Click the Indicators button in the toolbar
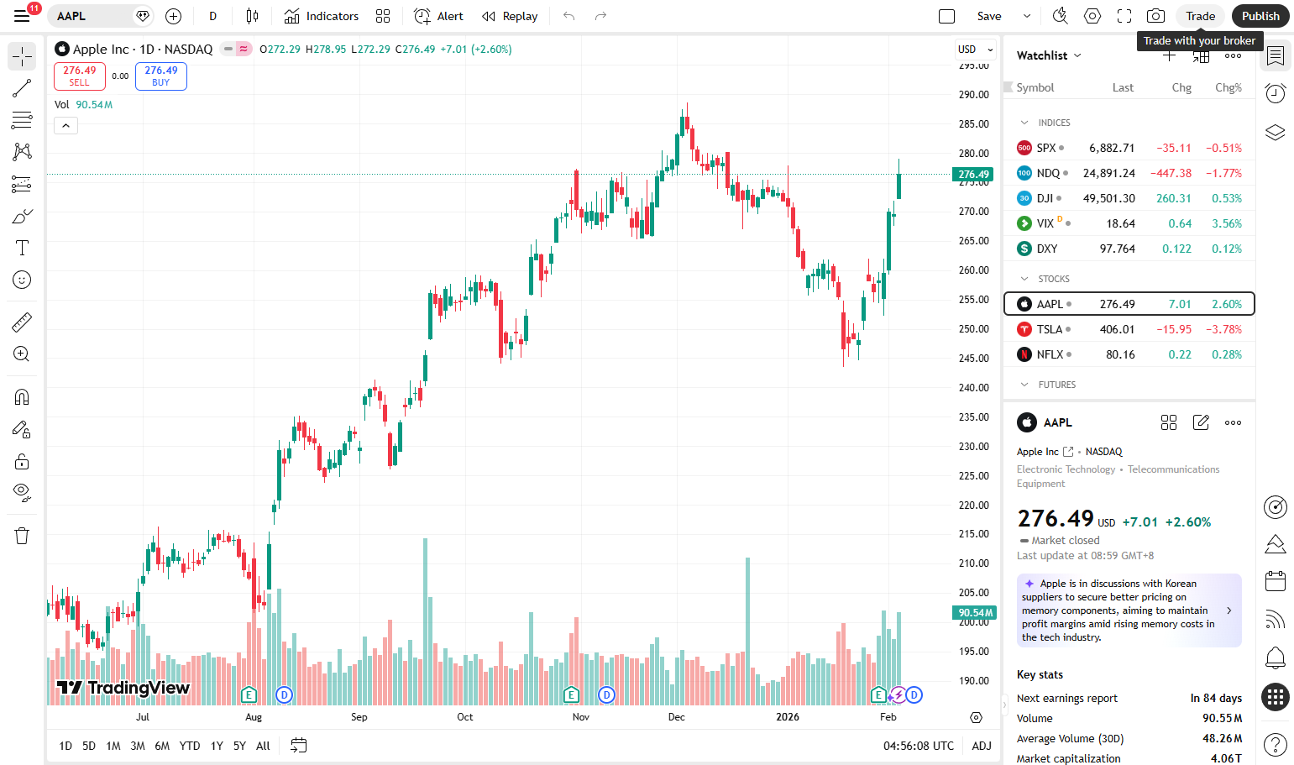tap(321, 16)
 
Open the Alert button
tap(438, 16)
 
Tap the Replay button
tap(510, 16)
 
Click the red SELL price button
tap(80, 76)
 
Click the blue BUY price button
tap(161, 76)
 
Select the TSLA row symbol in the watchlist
tap(1049, 329)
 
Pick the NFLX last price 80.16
tap(1120, 354)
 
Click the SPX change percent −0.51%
tap(1223, 148)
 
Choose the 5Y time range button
tap(239, 746)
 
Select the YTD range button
tap(190, 746)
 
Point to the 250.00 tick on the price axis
tap(974, 329)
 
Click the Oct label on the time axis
tap(465, 717)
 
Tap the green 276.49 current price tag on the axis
tap(973, 174)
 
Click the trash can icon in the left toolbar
tap(22, 536)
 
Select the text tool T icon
tap(22, 248)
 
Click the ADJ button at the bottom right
tap(982, 746)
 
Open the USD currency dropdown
tap(975, 49)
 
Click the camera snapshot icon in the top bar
tap(1155, 16)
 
